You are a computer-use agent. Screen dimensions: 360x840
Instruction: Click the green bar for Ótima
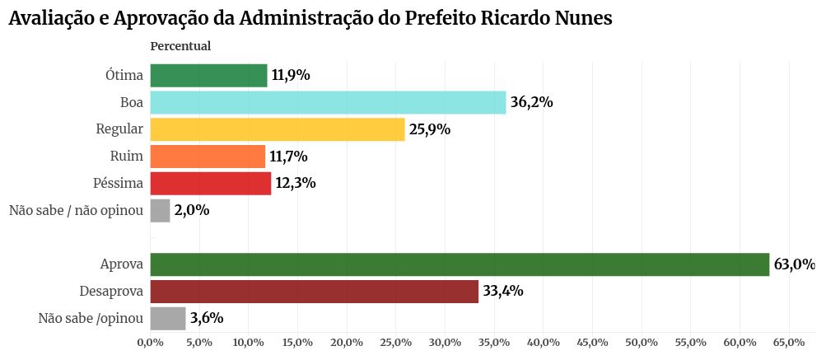pyautogui.click(x=208, y=76)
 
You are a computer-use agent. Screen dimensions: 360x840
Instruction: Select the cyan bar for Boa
pyautogui.click(x=328, y=102)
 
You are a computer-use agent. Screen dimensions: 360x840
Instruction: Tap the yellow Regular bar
pyautogui.click(x=278, y=129)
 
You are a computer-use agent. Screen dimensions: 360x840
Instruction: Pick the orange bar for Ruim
pyautogui.click(x=208, y=156)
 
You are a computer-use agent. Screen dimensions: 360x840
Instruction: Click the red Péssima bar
pyautogui.click(x=210, y=183)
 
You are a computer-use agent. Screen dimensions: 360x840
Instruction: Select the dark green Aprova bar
pyautogui.click(x=460, y=264)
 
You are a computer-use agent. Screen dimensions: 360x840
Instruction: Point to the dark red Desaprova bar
pyautogui.click(x=314, y=291)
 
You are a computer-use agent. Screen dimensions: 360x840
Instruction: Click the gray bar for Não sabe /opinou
pyautogui.click(x=168, y=318)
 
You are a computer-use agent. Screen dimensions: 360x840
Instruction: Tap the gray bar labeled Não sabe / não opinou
pyautogui.click(x=160, y=210)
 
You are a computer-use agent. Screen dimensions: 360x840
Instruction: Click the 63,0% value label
pyautogui.click(x=794, y=264)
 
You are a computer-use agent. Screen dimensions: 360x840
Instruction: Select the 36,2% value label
pyautogui.click(x=531, y=103)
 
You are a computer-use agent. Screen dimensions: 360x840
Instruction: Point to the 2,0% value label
pyautogui.click(x=192, y=210)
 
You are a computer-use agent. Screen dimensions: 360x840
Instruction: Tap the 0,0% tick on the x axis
pyautogui.click(x=150, y=342)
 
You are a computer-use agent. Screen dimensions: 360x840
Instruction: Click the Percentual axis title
pyautogui.click(x=180, y=46)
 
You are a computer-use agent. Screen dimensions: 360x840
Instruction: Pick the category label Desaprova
pyautogui.click(x=111, y=291)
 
